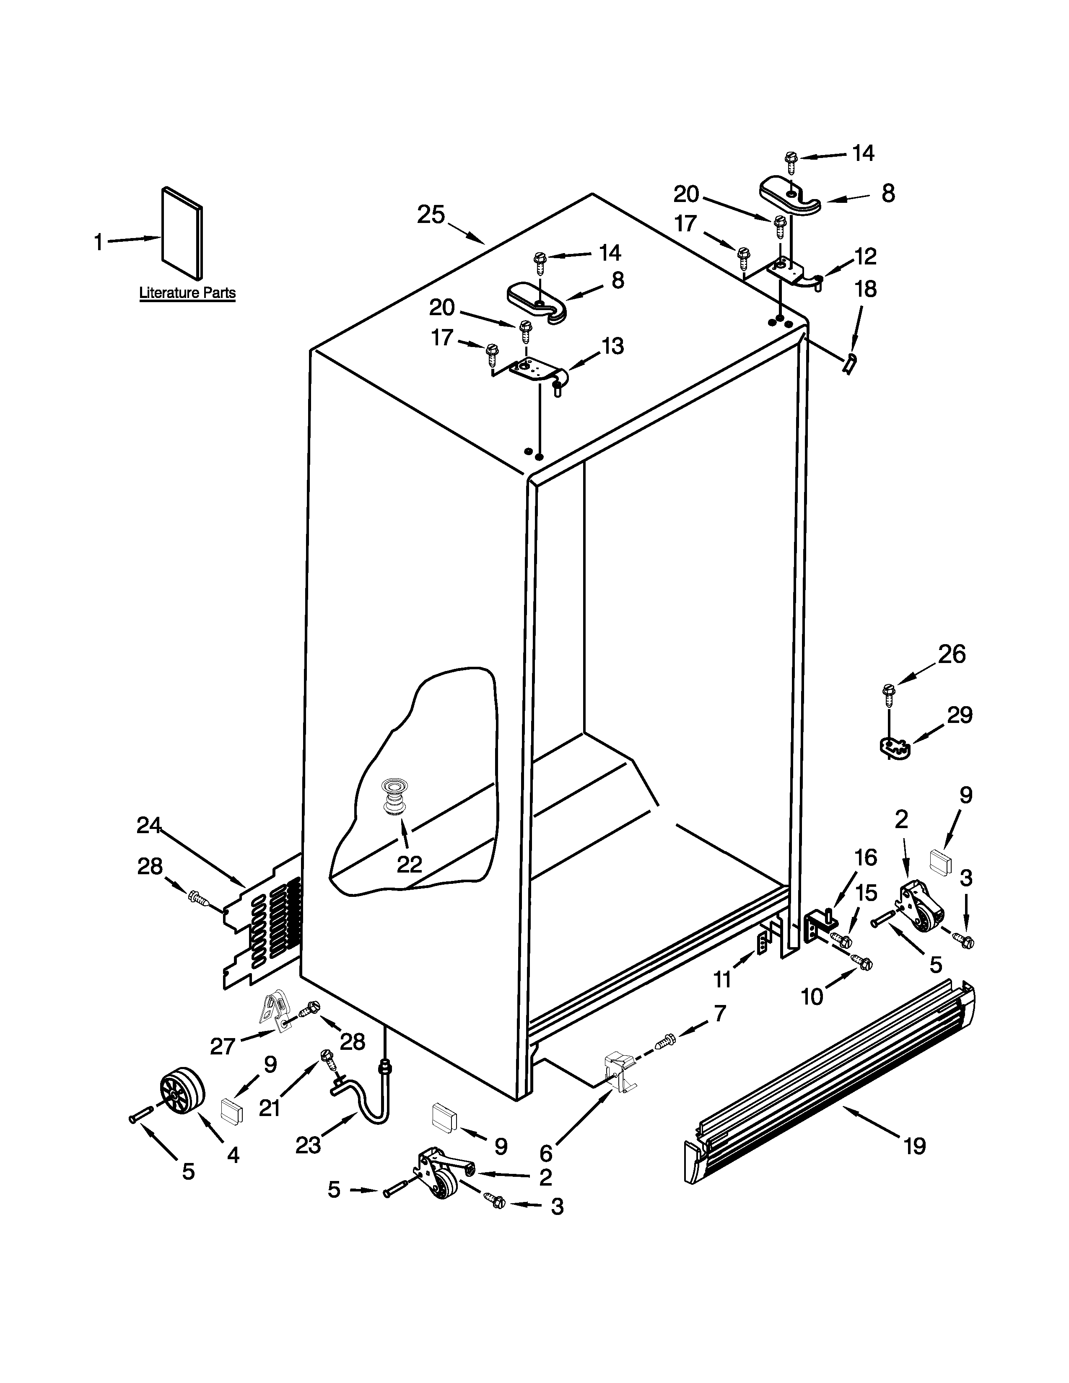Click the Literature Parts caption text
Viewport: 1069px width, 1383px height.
[x=187, y=293]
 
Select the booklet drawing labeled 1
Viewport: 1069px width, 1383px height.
[x=182, y=233]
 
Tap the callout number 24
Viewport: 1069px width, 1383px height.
[x=150, y=825]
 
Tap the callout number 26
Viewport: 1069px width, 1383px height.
[x=952, y=654]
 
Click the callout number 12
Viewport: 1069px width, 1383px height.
[x=865, y=256]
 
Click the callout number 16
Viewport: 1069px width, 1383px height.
[x=866, y=857]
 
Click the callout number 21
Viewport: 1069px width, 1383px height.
[x=270, y=1108]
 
